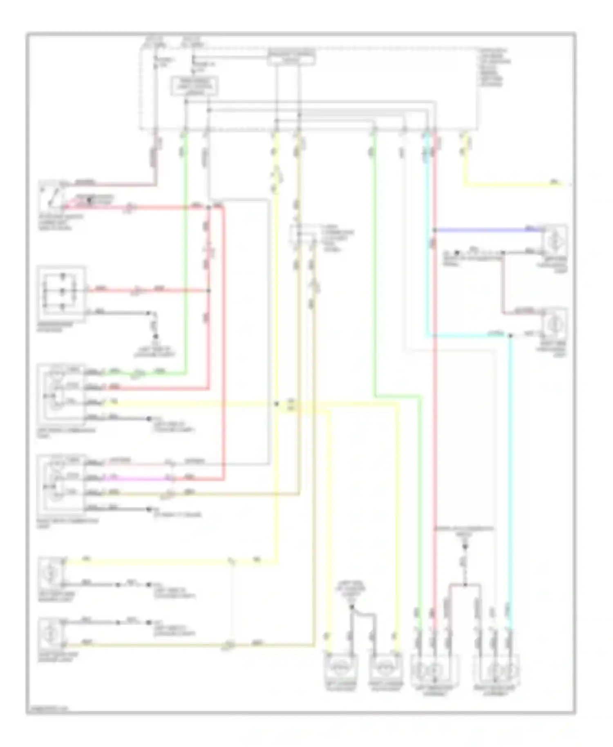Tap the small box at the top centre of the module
(x=291, y=58)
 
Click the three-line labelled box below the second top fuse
(x=195, y=86)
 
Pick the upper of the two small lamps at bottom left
(x=51, y=573)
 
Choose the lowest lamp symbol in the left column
(x=51, y=633)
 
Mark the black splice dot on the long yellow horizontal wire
(x=277, y=404)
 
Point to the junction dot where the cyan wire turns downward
(x=510, y=336)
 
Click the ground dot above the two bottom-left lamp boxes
(x=351, y=607)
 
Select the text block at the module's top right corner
(x=495, y=67)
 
